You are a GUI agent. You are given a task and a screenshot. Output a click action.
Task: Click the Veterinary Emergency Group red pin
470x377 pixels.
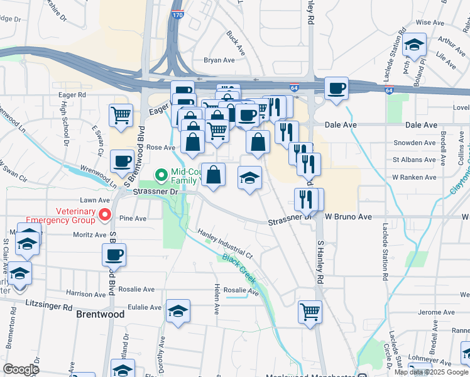(105, 215)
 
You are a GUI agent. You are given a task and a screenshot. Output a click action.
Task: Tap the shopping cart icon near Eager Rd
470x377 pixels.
(121, 115)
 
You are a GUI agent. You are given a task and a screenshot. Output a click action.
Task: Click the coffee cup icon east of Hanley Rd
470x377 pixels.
(336, 88)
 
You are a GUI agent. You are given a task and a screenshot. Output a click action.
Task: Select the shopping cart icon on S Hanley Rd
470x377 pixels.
(310, 310)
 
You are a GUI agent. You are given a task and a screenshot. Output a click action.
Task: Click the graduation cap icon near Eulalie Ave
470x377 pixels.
(178, 310)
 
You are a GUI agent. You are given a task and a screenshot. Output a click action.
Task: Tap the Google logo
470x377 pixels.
(21, 369)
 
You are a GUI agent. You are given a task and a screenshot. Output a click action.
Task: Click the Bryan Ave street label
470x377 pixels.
(219, 60)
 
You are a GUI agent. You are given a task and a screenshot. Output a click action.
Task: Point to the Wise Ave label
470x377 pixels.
(430, 22)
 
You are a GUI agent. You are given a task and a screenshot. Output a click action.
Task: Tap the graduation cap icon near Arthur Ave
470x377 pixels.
(415, 45)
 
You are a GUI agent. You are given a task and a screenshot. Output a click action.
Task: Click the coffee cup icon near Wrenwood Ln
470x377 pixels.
(122, 161)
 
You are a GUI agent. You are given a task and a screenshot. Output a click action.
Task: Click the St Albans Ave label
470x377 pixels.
(414, 160)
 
